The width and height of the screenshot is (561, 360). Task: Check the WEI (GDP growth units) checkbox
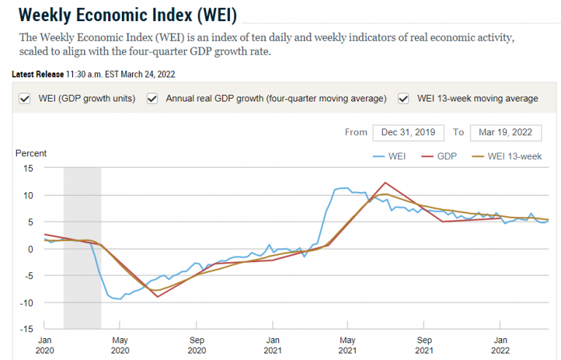[x=25, y=99]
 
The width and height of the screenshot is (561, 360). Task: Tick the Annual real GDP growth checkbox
[x=153, y=99]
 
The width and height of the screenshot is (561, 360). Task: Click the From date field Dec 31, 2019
[x=408, y=132]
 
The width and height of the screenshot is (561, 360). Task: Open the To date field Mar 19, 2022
[x=505, y=132]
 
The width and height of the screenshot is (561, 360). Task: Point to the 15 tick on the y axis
[x=28, y=169]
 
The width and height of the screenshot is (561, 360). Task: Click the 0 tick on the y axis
[x=31, y=249]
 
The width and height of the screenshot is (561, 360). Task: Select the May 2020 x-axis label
[x=121, y=345]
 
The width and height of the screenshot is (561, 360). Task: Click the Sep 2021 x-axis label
[x=424, y=345]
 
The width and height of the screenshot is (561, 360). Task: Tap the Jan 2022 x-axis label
[x=500, y=345]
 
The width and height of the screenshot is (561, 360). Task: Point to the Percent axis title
[x=31, y=153]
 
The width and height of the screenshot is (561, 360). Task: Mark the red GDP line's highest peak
[x=385, y=183]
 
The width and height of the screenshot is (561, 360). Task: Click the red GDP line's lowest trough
[x=158, y=296]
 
